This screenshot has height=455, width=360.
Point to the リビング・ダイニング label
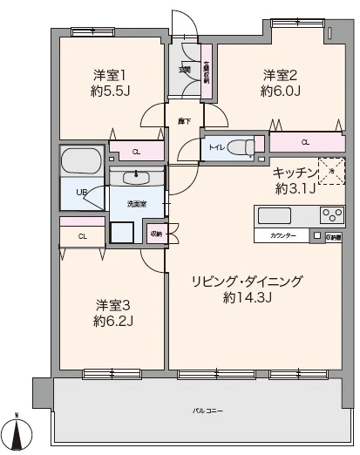click(x=248, y=281)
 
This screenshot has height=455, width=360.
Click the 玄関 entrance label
click(x=185, y=70)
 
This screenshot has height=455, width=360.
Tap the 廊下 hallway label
click(x=184, y=120)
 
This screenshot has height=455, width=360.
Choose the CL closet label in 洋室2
click(x=305, y=141)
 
